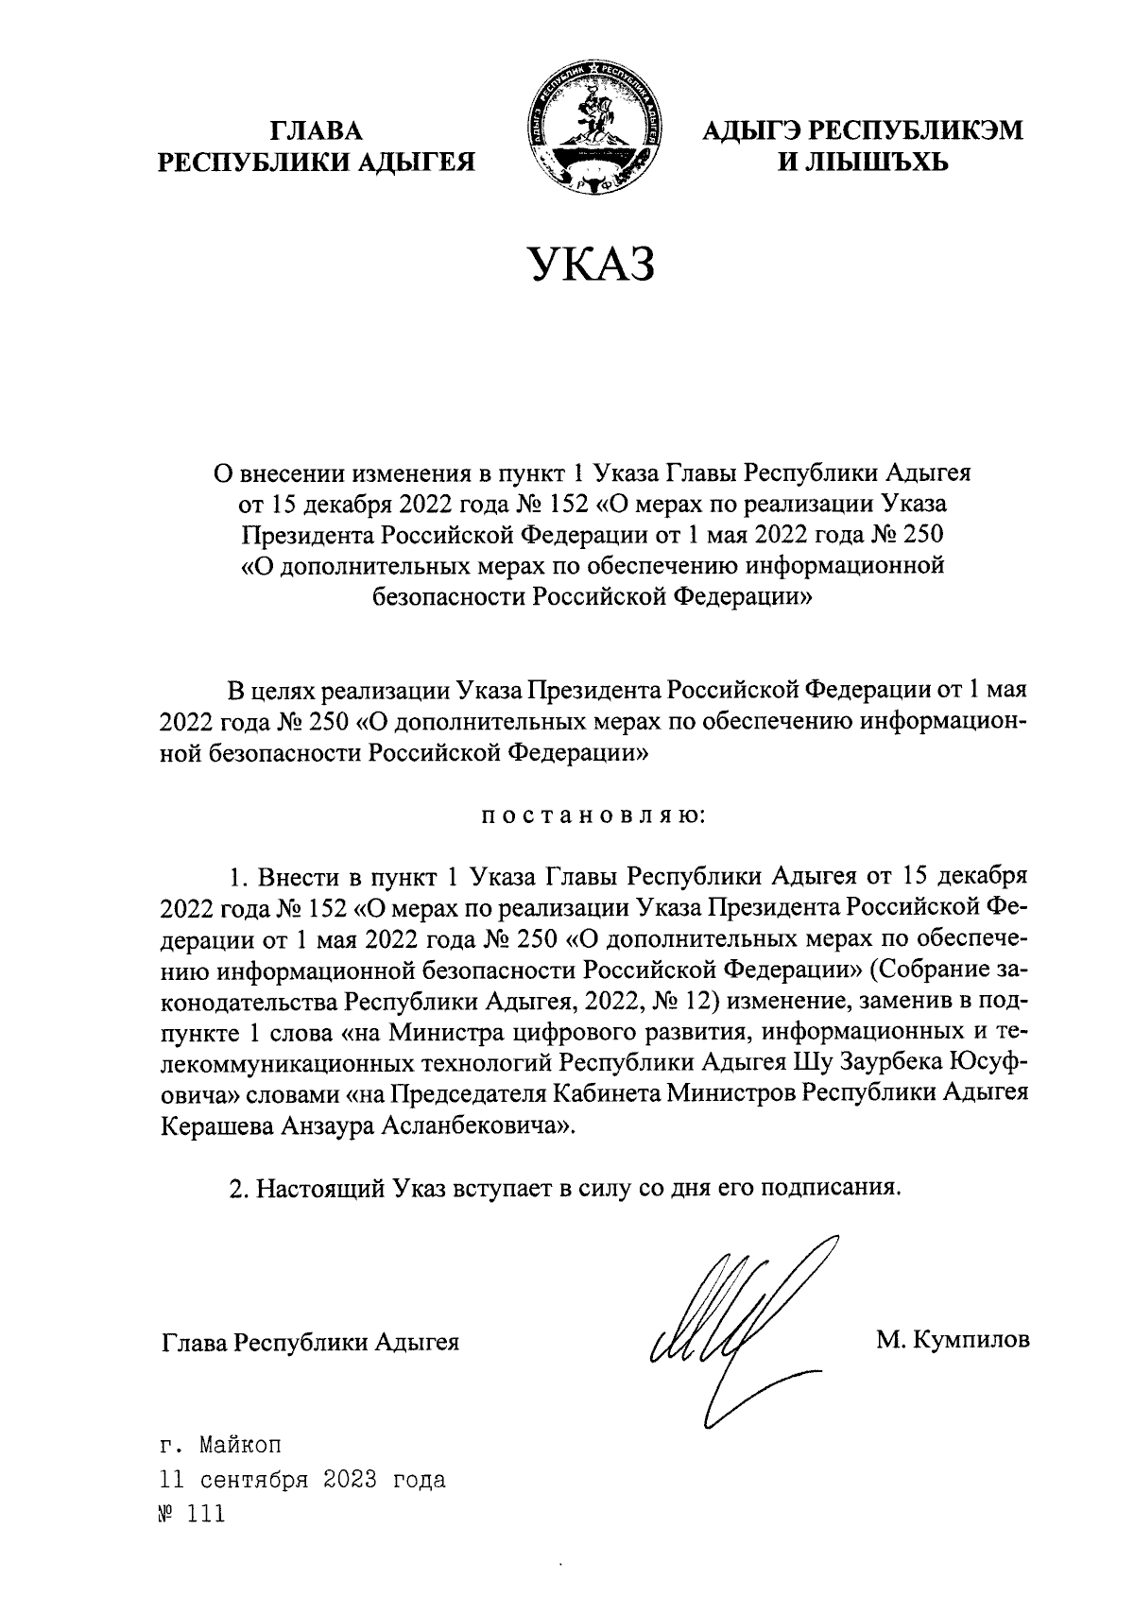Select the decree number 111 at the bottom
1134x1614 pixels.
[206, 1514]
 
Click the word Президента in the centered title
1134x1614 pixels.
[305, 535]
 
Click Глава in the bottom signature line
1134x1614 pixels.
[196, 1342]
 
